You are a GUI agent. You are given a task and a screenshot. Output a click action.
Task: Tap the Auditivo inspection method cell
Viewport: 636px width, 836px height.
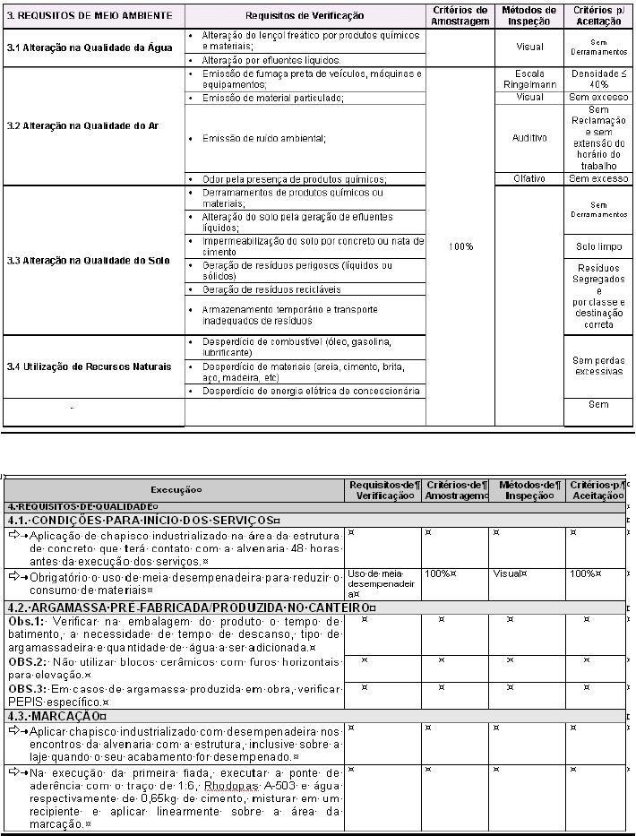click(x=529, y=138)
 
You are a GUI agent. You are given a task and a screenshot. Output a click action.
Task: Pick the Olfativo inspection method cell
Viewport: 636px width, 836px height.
click(x=529, y=178)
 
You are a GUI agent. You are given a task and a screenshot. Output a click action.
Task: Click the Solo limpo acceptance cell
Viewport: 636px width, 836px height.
click(x=598, y=246)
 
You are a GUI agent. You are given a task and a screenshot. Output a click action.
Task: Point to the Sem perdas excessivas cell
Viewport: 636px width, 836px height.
click(x=598, y=366)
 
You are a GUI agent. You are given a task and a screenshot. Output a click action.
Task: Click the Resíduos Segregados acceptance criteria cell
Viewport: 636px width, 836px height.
click(x=598, y=296)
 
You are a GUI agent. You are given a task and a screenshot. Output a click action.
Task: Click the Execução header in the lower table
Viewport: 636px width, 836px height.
click(x=176, y=489)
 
